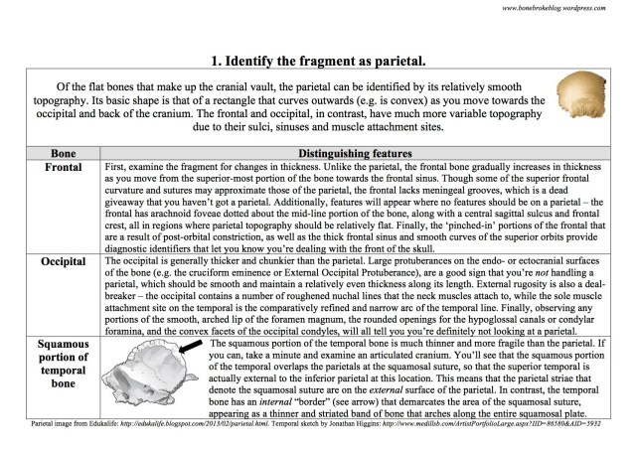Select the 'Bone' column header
point(51,154)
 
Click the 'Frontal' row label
point(51,168)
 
